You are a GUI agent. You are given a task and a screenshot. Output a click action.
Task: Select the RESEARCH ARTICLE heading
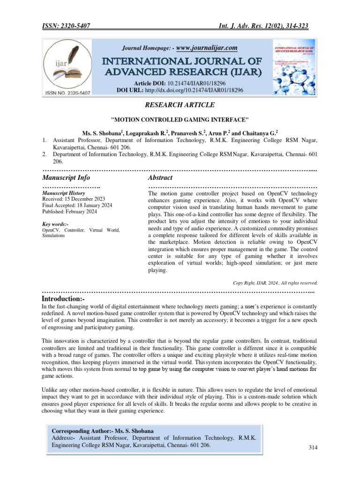180,105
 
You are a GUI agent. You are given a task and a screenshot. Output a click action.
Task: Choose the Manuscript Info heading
66,178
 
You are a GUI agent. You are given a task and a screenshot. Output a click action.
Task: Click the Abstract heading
160,178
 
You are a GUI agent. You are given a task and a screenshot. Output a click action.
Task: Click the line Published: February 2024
69,212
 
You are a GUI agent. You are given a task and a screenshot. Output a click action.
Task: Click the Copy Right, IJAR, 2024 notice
275,283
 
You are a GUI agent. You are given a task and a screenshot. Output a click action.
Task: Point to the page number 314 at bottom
313,448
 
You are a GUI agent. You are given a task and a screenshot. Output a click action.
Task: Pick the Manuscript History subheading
64,193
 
